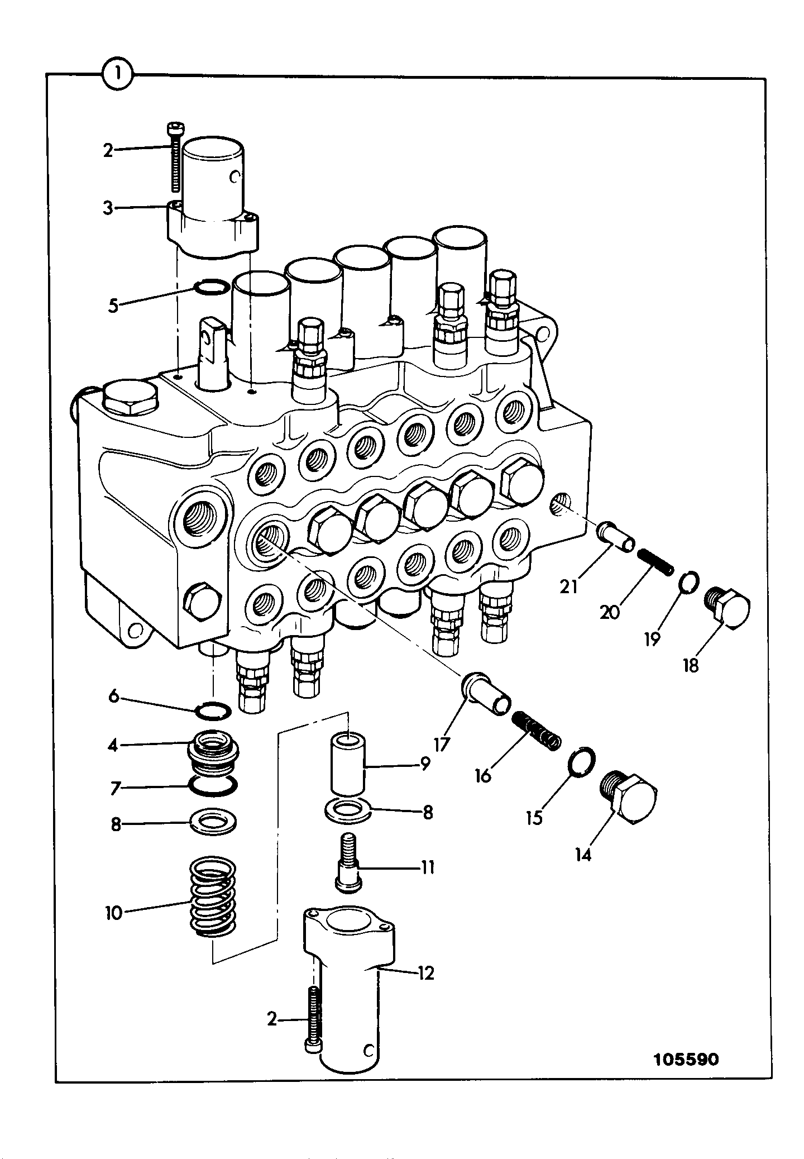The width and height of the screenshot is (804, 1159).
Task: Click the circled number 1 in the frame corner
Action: coord(117,74)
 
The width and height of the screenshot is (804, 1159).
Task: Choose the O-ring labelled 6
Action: coord(213,711)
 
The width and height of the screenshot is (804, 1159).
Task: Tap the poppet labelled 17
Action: coord(485,692)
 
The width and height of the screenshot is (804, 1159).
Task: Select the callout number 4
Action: coord(113,745)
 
